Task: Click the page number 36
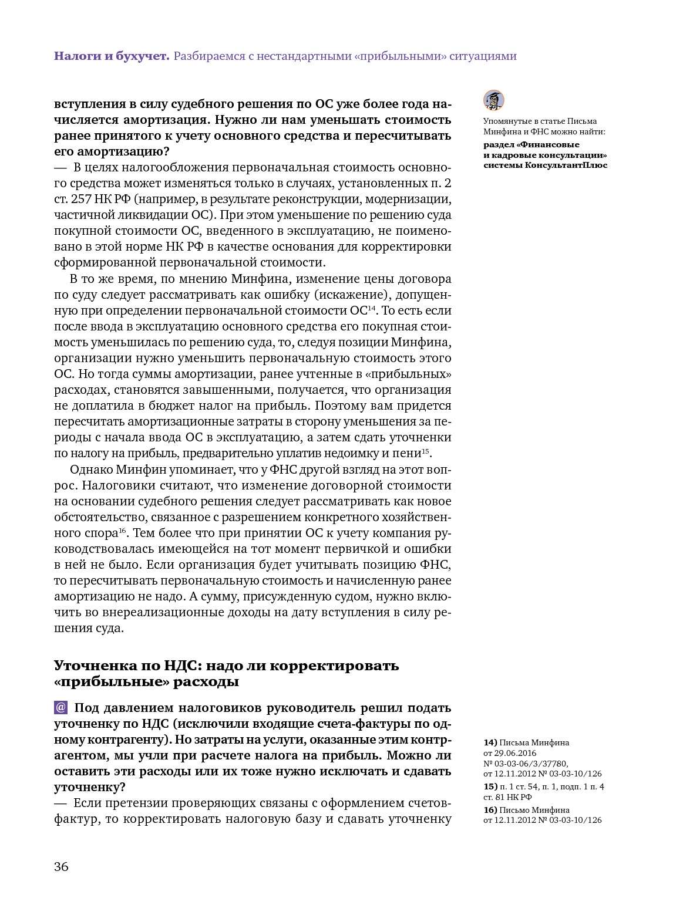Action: pos(61,867)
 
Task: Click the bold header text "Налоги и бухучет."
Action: pos(112,56)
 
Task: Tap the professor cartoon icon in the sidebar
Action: pos(494,100)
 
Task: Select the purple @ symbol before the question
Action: pos(61,708)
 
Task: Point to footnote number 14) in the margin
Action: pos(490,742)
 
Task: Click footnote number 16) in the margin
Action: pos(490,810)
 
